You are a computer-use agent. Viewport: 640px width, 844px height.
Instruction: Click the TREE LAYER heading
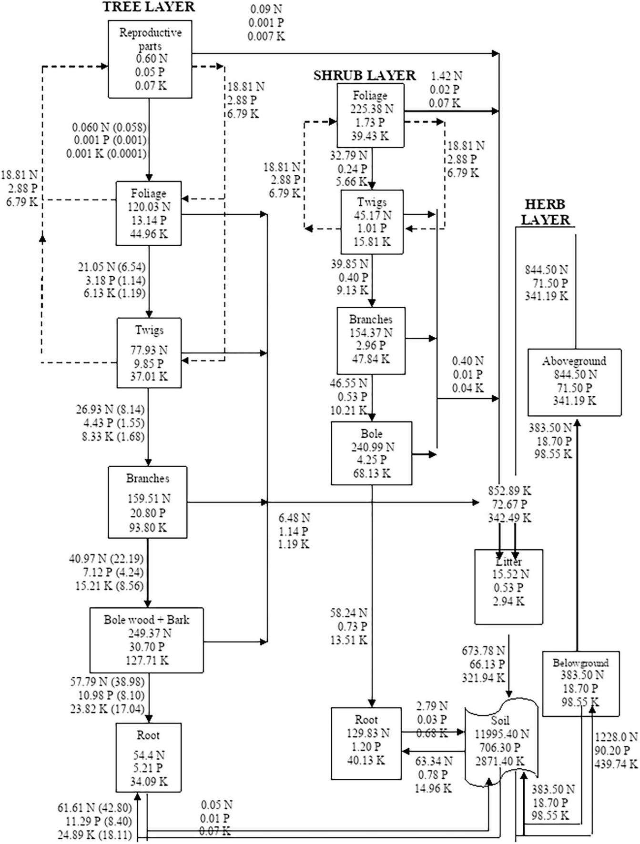(x=149, y=7)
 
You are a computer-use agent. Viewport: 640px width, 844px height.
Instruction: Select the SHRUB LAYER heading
(x=364, y=75)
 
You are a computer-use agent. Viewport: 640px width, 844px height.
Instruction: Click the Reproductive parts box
(x=150, y=59)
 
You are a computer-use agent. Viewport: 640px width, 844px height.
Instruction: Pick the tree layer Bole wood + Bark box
(x=146, y=640)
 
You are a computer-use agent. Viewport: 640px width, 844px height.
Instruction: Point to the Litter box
(x=508, y=586)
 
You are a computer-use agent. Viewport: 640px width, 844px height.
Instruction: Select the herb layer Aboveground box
(x=574, y=382)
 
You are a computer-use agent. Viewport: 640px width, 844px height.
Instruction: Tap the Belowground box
(x=580, y=683)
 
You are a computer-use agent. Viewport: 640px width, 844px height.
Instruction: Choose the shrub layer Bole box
(x=371, y=453)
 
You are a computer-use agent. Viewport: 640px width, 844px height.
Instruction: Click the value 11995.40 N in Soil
(x=502, y=734)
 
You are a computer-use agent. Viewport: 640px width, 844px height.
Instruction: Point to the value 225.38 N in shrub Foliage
(x=372, y=109)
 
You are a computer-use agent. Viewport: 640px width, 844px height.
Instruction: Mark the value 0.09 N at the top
(x=266, y=9)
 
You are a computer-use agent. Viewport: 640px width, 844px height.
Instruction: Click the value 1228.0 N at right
(x=616, y=737)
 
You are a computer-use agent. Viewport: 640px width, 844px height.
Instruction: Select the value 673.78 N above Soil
(x=483, y=650)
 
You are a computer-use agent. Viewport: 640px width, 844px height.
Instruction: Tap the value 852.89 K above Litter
(x=509, y=491)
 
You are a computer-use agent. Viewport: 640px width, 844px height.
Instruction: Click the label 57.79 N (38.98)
(x=107, y=682)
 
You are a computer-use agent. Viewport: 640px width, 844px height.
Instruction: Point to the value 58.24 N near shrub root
(x=348, y=613)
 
